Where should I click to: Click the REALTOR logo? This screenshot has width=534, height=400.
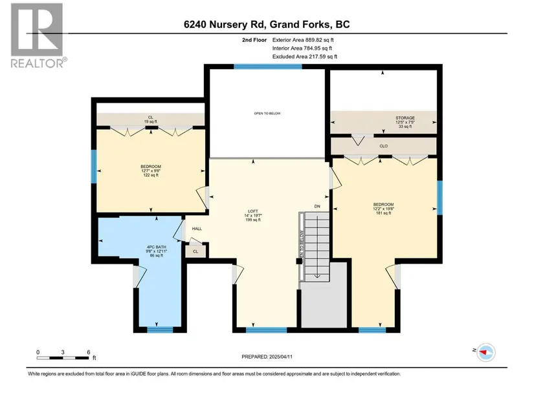coord(38,36)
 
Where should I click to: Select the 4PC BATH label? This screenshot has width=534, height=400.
coord(157,251)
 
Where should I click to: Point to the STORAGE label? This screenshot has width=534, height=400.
coord(405,122)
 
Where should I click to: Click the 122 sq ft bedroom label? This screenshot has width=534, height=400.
coord(151,171)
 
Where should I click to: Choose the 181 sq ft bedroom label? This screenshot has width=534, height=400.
coord(383,209)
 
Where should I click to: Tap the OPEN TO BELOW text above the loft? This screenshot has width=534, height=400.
coord(267,113)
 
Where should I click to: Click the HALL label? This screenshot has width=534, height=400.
coord(197,229)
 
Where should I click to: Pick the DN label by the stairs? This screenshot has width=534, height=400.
coord(317,207)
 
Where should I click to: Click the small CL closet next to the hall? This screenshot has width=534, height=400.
coord(195,251)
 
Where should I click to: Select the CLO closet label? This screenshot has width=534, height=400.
coord(383,146)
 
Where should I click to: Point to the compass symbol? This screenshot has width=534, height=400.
coord(486,352)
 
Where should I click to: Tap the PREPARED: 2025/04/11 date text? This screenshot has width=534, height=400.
coord(267,357)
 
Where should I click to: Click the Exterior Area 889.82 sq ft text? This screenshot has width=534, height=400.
coord(303,40)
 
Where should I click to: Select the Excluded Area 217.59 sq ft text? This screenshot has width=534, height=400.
coord(305,56)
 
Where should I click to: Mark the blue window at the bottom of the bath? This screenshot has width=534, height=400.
coord(160,329)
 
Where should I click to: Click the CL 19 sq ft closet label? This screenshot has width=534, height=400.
coord(151,120)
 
